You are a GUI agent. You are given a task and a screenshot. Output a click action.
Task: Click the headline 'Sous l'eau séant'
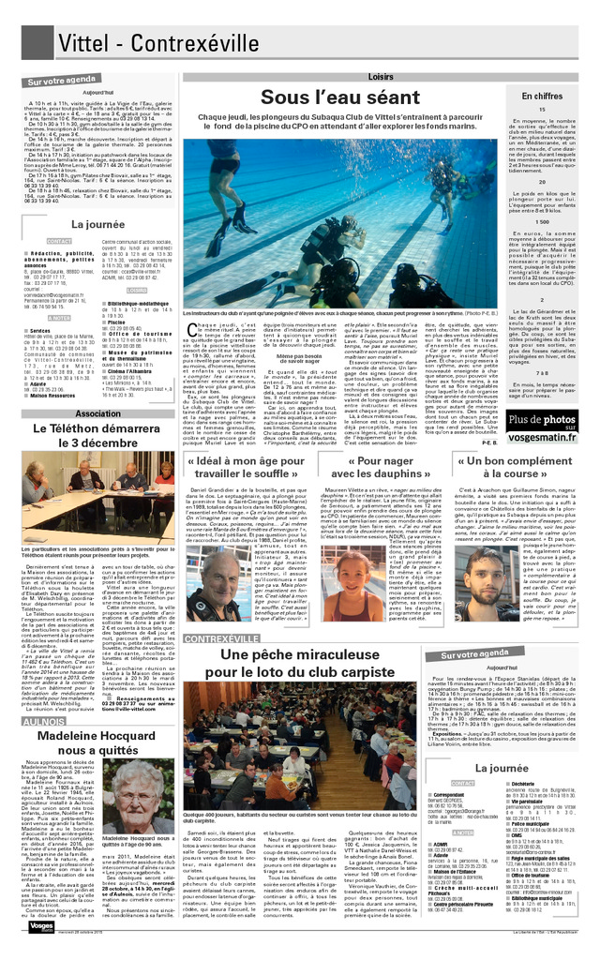(339, 97)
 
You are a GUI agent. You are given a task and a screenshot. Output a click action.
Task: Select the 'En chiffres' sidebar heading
(541, 96)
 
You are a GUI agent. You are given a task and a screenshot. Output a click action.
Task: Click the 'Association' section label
(97, 413)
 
